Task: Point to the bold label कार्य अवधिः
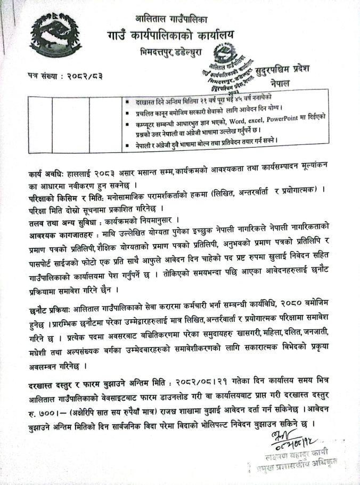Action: point(47,175)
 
